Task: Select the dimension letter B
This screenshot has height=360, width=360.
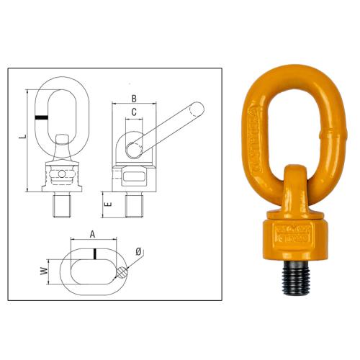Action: pyautogui.click(x=134, y=99)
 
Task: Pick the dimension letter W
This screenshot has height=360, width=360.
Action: pyautogui.click(x=43, y=271)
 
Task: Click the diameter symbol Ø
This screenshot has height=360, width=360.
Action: pyautogui.click(x=138, y=252)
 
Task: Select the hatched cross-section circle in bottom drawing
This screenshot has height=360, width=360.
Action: pyautogui.click(x=123, y=273)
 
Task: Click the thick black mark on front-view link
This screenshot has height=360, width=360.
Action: pyautogui.click(x=45, y=117)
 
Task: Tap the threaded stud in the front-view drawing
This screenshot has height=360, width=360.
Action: pyautogui.click(x=63, y=205)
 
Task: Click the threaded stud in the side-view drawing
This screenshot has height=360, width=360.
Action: pyautogui.click(x=134, y=205)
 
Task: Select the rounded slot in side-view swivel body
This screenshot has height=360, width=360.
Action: pyautogui.click(x=135, y=176)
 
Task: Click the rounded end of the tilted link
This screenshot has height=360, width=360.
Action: pyautogui.click(x=197, y=109)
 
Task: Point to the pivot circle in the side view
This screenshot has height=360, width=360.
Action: pyautogui.click(x=135, y=148)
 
